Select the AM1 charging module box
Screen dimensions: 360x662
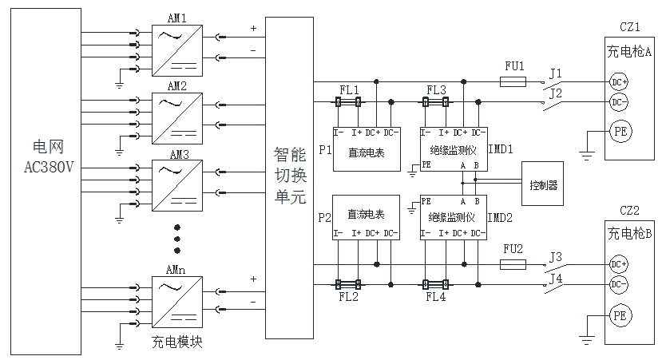176,49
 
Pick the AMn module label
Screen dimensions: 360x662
176,270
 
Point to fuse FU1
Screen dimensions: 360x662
513,81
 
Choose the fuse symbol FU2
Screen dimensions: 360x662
513,263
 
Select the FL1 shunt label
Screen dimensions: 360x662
349,89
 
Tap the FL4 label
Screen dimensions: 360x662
436,297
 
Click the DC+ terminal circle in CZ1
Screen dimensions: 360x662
619,82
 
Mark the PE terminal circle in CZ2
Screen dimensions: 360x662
620,316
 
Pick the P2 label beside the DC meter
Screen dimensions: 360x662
323,217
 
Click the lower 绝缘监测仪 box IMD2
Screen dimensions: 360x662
453,217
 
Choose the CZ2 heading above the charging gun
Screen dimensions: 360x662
630,212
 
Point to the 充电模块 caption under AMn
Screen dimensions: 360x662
176,342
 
